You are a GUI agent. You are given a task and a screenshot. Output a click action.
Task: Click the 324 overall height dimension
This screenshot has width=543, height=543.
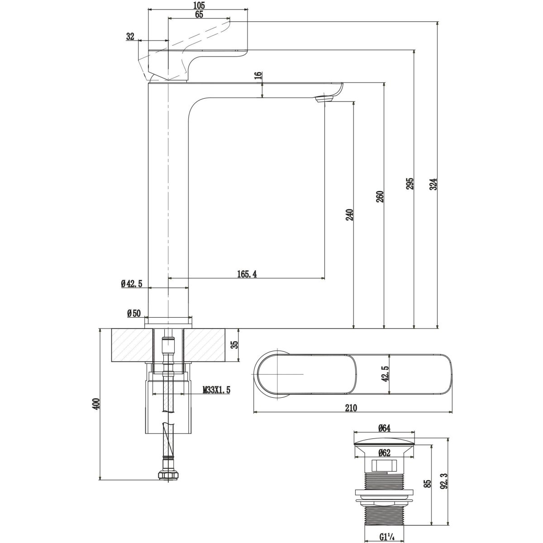[433, 184]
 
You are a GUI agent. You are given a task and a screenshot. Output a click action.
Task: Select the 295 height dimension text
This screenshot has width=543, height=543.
[409, 184]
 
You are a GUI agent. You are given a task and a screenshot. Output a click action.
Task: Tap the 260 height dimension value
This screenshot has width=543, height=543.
[380, 196]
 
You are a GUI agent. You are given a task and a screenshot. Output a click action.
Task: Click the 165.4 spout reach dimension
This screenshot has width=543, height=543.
[247, 274]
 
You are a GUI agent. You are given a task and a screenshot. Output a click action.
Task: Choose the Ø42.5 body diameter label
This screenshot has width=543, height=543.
[132, 284]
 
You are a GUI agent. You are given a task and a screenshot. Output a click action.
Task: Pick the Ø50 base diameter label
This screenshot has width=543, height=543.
[134, 313]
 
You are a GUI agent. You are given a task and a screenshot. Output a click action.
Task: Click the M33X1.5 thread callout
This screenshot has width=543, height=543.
[216, 390]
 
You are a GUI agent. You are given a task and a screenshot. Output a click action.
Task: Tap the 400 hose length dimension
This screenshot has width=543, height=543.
[95, 404]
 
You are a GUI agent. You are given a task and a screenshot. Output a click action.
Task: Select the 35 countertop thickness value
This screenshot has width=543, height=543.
[234, 345]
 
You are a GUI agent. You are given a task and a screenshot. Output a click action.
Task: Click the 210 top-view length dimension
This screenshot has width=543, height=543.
[352, 408]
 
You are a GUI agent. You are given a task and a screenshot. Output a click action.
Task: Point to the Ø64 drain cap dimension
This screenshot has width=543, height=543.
[384, 428]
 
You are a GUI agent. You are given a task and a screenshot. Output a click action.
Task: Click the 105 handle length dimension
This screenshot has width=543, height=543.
[199, 5]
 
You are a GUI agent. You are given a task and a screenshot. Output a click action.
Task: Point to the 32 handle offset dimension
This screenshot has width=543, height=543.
[131, 37]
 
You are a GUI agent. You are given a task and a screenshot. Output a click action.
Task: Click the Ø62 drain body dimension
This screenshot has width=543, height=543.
[384, 452]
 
